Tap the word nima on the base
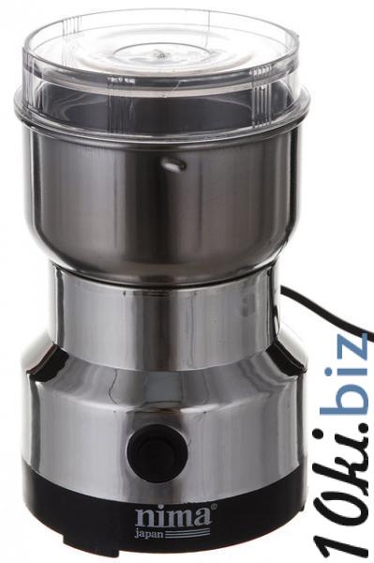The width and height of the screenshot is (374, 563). (172, 515)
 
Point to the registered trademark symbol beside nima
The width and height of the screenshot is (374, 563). (213, 507)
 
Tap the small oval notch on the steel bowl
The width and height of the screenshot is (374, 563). (174, 163)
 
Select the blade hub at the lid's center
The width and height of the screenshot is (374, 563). (160, 54)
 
